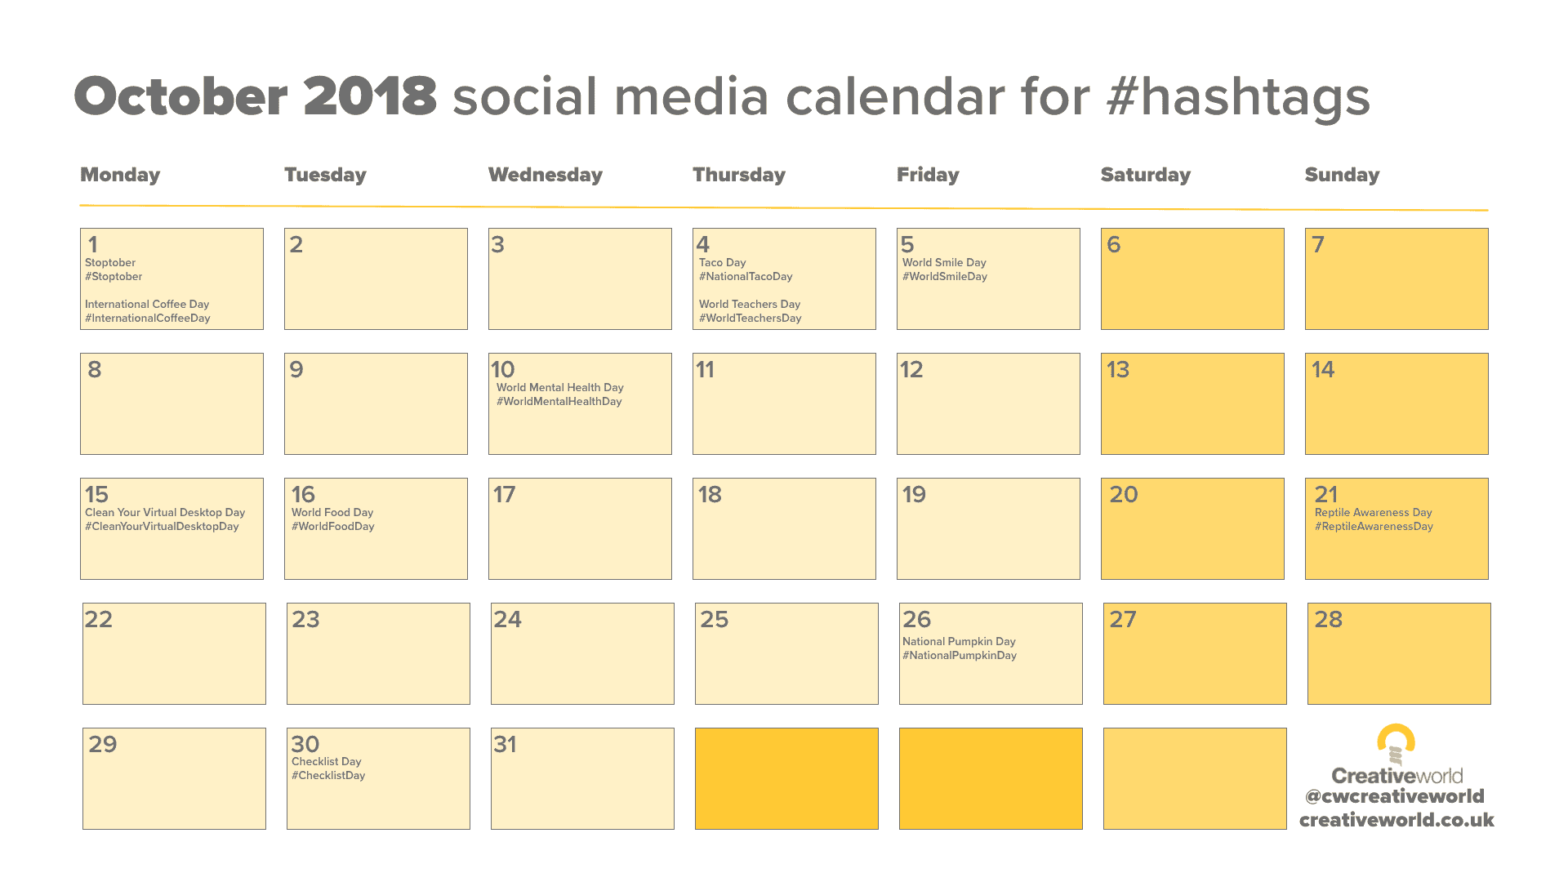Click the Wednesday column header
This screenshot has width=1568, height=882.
[x=545, y=175]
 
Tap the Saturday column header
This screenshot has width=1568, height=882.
[x=1145, y=175]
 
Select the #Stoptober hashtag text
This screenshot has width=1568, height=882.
[x=114, y=277]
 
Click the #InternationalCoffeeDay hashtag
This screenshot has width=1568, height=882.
[x=148, y=318]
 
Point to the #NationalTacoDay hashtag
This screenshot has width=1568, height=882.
[x=746, y=277]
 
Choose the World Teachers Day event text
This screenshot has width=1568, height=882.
[x=750, y=304]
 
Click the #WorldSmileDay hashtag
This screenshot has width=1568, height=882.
[x=945, y=277]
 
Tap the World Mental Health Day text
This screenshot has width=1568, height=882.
[x=560, y=387]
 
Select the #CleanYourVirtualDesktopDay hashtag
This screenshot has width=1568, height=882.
[x=162, y=527]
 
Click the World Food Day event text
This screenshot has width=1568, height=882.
[x=332, y=512]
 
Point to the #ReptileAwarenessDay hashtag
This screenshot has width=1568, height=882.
[x=1374, y=527]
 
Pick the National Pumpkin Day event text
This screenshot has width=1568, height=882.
[x=959, y=641]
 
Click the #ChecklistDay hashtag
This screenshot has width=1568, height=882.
[x=328, y=776]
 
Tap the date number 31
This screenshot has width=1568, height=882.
[x=505, y=744]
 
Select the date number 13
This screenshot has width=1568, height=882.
[x=1117, y=369]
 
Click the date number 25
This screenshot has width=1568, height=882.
[x=714, y=619]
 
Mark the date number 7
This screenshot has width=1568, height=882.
[x=1317, y=244]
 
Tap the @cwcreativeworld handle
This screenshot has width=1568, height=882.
[x=1394, y=796]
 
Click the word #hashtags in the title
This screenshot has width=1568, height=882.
[x=1238, y=98]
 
